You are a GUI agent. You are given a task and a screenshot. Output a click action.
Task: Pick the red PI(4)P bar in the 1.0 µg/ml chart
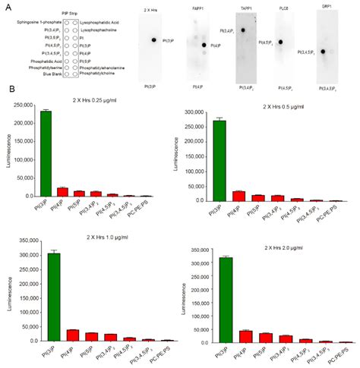click(72, 335)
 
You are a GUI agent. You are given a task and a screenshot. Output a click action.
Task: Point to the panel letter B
click(8, 90)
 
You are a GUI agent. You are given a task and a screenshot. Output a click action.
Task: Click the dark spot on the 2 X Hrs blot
click(153, 40)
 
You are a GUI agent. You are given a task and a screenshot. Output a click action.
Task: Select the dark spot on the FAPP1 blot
click(203, 46)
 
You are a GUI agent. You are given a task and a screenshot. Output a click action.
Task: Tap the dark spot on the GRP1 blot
click(324, 52)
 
